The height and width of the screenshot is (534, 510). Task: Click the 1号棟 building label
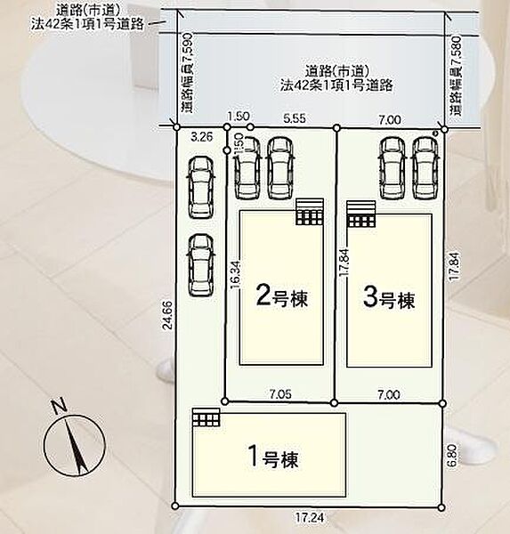[274, 457]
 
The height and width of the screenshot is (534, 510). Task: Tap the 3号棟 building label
[388, 298]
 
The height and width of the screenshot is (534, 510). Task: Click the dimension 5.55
[295, 118]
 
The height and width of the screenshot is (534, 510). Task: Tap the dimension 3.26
[202, 137]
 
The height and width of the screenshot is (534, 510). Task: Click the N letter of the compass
[58, 408]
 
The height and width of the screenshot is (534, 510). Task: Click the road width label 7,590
[188, 73]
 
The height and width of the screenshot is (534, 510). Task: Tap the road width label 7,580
[456, 75]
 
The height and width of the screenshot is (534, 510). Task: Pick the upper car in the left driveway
[201, 187]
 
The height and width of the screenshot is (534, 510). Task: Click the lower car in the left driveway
[200, 265]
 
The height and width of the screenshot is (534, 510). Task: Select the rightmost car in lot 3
[425, 168]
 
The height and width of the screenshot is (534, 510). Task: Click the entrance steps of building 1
[206, 417]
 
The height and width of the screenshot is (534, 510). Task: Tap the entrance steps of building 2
[310, 212]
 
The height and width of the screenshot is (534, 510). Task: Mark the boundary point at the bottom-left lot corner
[175, 506]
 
